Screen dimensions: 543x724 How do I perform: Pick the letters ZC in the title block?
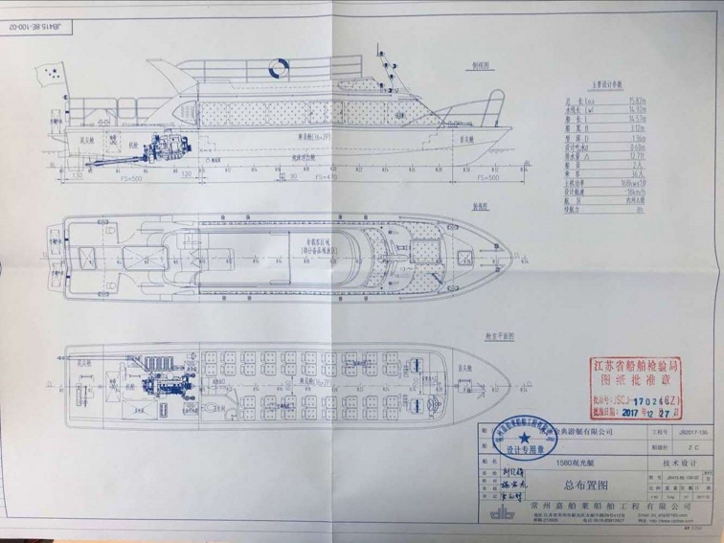(690, 446)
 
